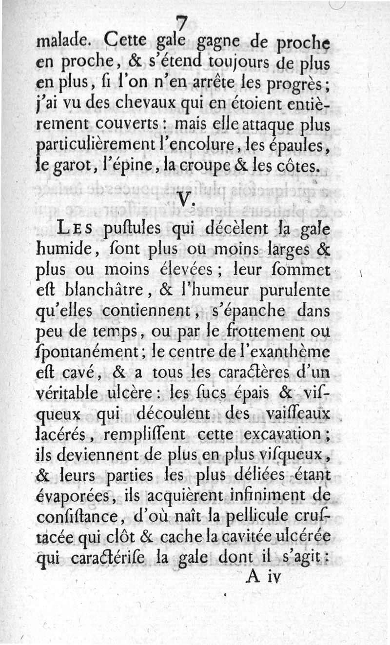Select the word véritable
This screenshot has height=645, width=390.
pyautogui.click(x=71, y=393)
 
